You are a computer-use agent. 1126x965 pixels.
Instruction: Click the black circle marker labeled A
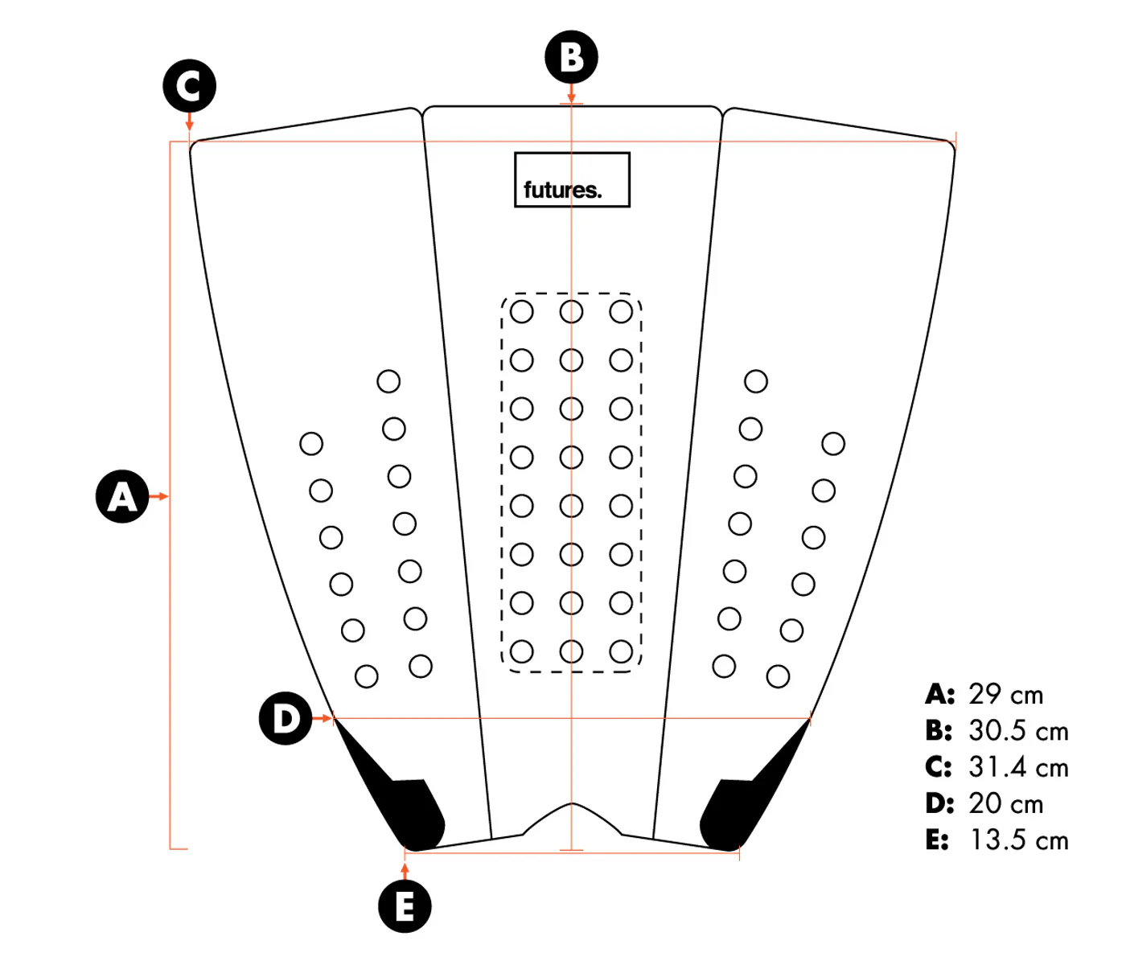click(x=122, y=496)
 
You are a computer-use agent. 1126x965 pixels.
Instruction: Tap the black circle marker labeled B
click(x=571, y=57)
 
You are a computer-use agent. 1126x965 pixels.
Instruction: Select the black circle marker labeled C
click(x=190, y=85)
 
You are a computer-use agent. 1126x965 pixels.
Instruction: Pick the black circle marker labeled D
click(x=286, y=718)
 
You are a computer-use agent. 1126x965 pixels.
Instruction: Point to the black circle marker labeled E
click(x=405, y=906)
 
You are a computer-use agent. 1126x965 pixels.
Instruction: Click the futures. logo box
click(x=572, y=180)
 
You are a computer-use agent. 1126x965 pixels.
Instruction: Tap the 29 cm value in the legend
click(x=1005, y=694)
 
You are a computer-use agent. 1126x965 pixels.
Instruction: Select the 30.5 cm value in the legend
click(x=1018, y=730)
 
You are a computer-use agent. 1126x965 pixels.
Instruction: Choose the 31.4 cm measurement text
click(x=1018, y=767)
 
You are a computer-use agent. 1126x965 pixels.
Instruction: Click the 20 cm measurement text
click(x=1005, y=803)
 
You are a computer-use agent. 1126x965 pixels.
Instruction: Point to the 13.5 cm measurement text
click(x=1019, y=840)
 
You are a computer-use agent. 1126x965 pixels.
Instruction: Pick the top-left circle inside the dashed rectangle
click(x=522, y=312)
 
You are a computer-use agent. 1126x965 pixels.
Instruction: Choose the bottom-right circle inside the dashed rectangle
click(x=621, y=651)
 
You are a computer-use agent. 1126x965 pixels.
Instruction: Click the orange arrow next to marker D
click(x=323, y=718)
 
